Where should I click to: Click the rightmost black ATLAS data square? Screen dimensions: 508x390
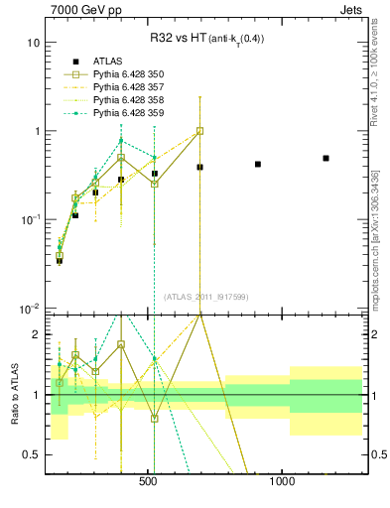tap(325, 158)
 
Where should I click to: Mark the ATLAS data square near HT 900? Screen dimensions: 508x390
tap(258, 164)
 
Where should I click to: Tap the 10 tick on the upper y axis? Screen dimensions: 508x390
tap(33, 43)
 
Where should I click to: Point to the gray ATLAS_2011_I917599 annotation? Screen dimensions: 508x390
tap(205, 297)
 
